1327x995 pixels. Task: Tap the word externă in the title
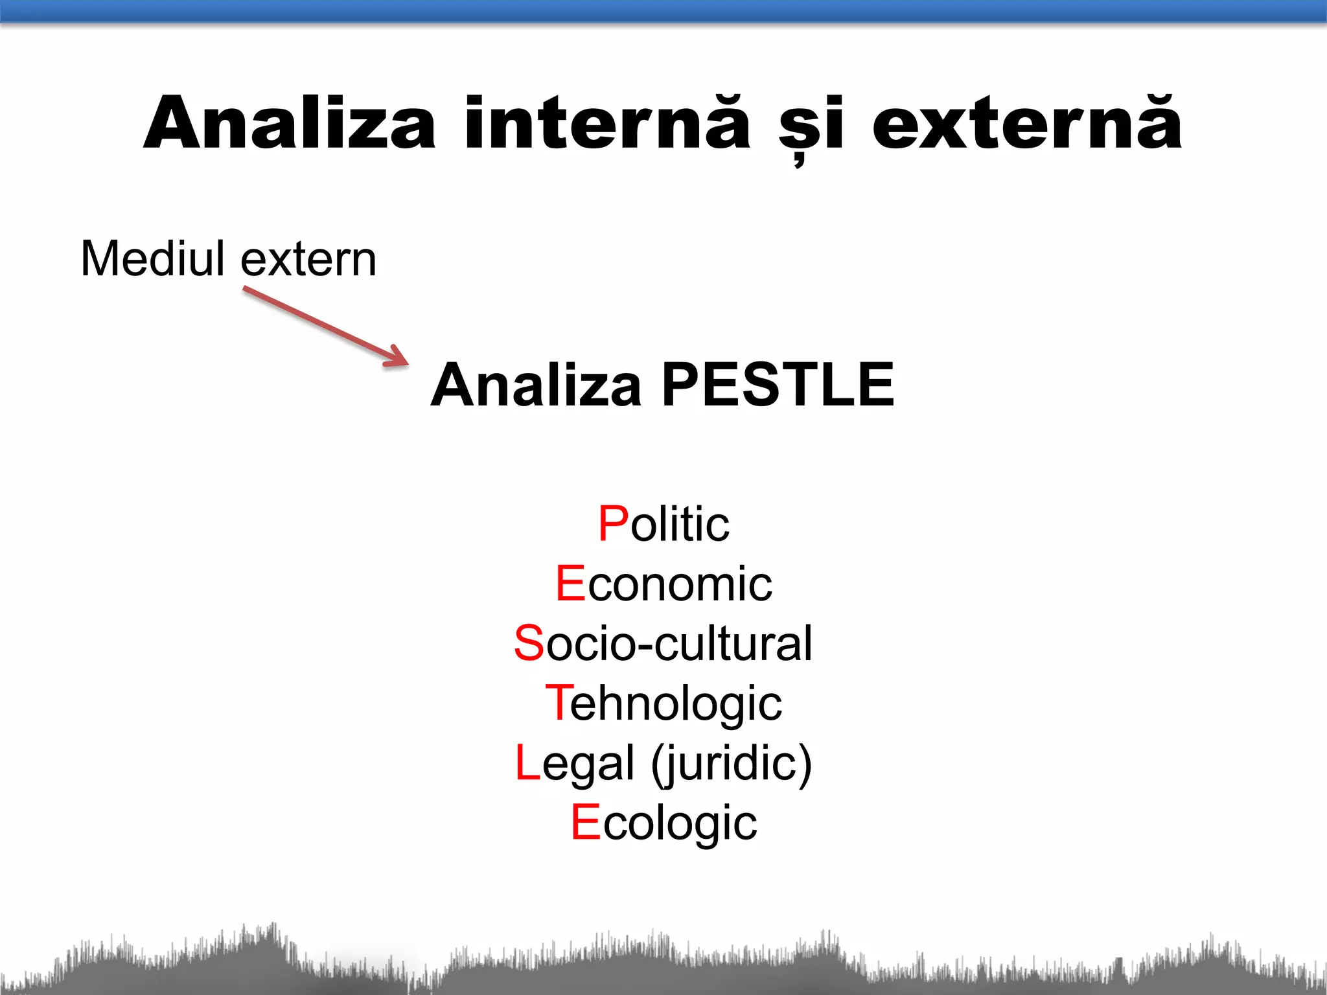point(1027,123)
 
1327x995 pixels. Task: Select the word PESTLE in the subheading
point(778,385)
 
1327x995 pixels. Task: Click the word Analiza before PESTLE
point(537,385)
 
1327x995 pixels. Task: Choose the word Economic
point(663,583)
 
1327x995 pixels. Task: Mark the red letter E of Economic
point(571,583)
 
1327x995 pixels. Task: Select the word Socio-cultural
point(663,643)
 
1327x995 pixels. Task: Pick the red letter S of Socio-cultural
point(529,643)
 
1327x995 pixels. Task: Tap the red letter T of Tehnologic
point(558,702)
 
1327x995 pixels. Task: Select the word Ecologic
point(663,823)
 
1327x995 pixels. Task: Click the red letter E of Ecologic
point(586,822)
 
